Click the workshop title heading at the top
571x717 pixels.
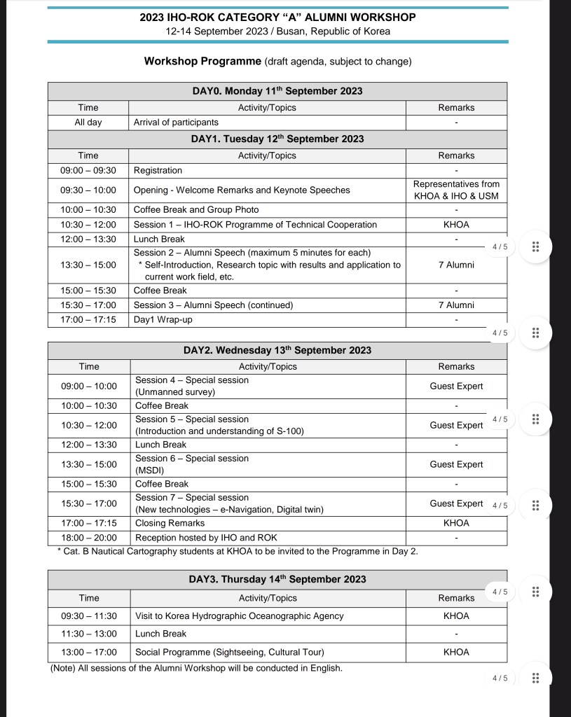tap(277, 18)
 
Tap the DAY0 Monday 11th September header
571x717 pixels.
tap(277, 91)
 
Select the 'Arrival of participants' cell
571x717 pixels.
tap(176, 123)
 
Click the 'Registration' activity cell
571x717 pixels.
tap(158, 170)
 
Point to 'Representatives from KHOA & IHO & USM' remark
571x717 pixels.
tap(456, 190)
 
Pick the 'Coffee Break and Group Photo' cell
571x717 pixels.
tap(196, 209)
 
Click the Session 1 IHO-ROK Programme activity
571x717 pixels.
tap(255, 225)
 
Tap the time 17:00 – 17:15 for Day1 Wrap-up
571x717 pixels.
tap(88, 320)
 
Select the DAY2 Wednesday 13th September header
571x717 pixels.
tap(277, 350)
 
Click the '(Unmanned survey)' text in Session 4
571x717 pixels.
tap(175, 392)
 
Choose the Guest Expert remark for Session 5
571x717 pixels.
tap(456, 425)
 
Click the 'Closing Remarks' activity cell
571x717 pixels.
tap(170, 523)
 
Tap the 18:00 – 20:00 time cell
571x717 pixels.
tap(89, 538)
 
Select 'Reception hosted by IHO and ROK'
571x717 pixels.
tap(206, 538)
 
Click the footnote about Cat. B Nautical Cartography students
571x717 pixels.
tap(237, 552)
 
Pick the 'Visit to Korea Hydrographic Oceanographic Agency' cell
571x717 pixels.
tap(240, 616)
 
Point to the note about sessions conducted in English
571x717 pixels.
tap(196, 668)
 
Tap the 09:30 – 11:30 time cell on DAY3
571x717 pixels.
tap(89, 616)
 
